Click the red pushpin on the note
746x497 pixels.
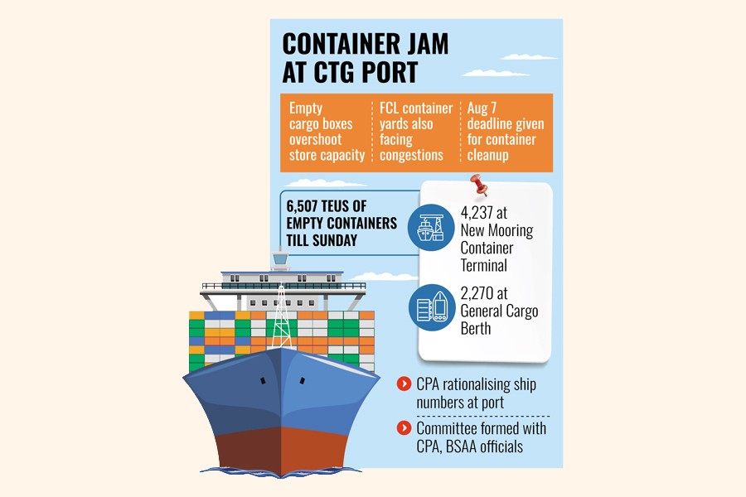(x=478, y=182)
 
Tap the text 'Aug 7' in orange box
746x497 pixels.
(x=483, y=109)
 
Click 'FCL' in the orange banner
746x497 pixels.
(x=394, y=109)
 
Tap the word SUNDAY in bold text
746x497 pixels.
(x=337, y=240)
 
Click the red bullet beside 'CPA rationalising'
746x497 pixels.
(x=404, y=384)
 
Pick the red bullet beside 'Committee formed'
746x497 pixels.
(x=404, y=428)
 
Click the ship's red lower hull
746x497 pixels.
(x=279, y=447)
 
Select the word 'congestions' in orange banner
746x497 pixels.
(x=413, y=155)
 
